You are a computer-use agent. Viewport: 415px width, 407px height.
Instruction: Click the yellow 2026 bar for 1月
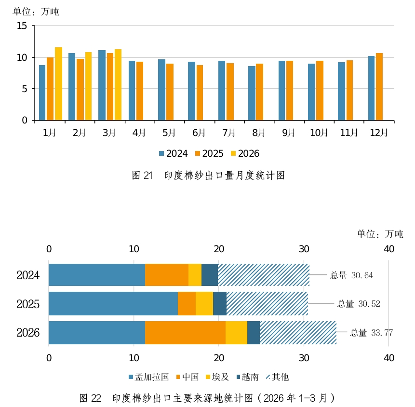(x=58, y=84)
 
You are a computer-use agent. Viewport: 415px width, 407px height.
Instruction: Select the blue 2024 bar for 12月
(x=371, y=88)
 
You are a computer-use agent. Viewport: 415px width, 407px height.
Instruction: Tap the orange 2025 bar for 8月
(x=260, y=92)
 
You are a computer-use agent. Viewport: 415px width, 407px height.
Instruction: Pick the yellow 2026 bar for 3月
(x=118, y=85)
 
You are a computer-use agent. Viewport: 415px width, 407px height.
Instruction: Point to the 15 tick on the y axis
(x=22, y=26)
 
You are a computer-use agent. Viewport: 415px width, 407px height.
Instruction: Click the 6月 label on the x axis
(x=199, y=133)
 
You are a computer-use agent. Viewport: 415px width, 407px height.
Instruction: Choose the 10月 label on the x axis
(x=319, y=133)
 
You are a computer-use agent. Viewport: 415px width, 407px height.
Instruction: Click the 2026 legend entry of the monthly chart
(x=245, y=153)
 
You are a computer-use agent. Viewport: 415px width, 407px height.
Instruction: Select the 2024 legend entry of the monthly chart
(x=174, y=153)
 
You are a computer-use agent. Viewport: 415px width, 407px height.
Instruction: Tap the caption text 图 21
(x=142, y=176)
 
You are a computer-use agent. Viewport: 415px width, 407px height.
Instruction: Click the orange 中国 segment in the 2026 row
(x=185, y=333)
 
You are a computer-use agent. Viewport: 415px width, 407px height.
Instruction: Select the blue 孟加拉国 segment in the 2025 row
(x=113, y=303)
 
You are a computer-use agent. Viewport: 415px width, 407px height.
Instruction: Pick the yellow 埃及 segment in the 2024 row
(x=195, y=275)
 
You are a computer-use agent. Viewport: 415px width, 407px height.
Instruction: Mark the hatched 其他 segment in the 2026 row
(x=298, y=333)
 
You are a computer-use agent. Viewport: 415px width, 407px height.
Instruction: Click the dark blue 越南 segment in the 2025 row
(x=220, y=303)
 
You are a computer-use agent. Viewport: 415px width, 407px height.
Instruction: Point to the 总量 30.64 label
(x=351, y=275)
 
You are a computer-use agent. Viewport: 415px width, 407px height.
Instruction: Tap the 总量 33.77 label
(x=372, y=333)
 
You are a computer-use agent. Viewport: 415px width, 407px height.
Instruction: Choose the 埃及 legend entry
(x=217, y=377)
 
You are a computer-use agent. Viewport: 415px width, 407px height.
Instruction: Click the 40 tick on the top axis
(x=389, y=249)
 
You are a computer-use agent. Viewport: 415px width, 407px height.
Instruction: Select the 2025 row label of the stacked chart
(x=28, y=304)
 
